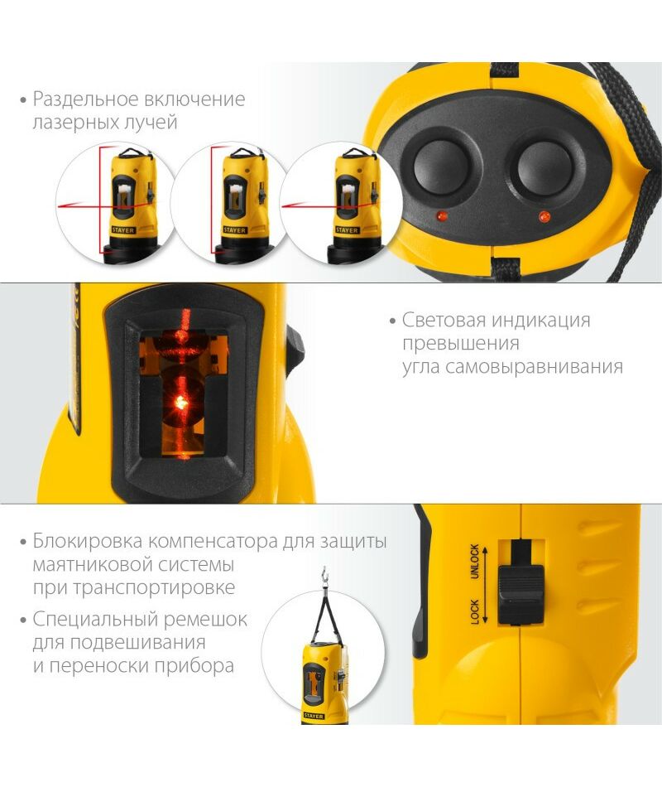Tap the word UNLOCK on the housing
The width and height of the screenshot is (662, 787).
[474, 562]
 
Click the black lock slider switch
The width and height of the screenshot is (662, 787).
[521, 595]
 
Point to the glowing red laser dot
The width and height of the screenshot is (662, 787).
[180, 402]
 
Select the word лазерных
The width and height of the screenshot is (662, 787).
[73, 123]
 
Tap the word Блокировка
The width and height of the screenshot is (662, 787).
[89, 542]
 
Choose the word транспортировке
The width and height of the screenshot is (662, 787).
[154, 587]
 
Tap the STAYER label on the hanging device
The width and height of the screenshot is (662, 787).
[314, 716]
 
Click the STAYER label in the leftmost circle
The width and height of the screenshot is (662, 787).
[122, 230]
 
